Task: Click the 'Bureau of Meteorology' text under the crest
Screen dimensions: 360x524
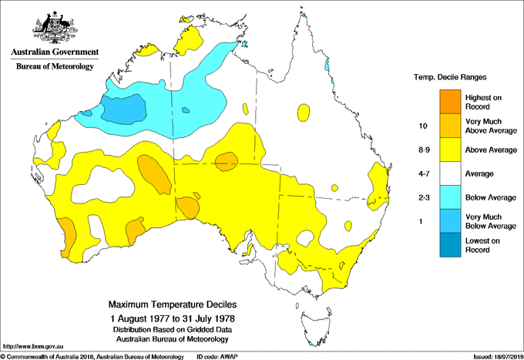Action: pyautogui.click(x=55, y=67)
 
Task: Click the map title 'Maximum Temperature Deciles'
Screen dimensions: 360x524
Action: pyautogui.click(x=170, y=304)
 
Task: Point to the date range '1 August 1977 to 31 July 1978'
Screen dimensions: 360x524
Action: pyautogui.click(x=170, y=318)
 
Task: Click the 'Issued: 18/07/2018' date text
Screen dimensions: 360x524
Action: pyautogui.click(x=491, y=356)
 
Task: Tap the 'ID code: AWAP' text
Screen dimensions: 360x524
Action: pyautogui.click(x=222, y=356)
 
